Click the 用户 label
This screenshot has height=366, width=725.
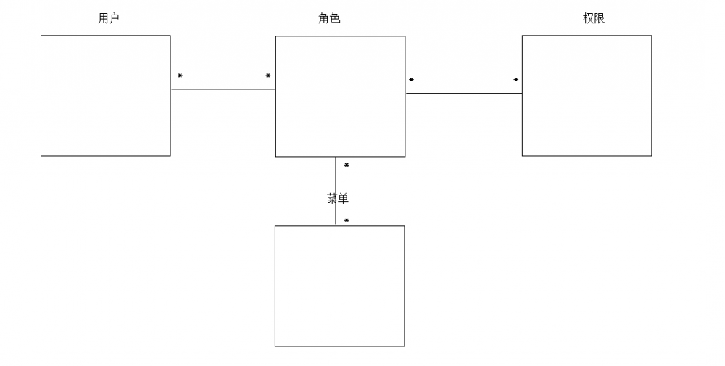(x=109, y=18)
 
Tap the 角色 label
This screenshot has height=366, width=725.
(x=329, y=18)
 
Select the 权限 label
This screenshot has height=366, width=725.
(x=594, y=18)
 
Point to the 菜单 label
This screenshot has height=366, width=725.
(x=338, y=198)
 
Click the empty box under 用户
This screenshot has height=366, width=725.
(x=106, y=95)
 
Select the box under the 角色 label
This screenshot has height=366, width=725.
(x=340, y=96)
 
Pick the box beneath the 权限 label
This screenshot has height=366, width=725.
(x=587, y=95)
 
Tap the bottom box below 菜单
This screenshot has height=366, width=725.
(x=339, y=285)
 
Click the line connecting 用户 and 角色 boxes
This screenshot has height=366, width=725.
(x=223, y=89)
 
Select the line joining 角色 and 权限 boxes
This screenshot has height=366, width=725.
(x=463, y=93)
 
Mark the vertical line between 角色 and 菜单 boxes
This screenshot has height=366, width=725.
(x=336, y=178)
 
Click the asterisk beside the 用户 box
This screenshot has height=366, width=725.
(x=180, y=76)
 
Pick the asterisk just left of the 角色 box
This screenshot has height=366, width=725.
(x=268, y=76)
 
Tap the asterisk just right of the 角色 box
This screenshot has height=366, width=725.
(x=411, y=81)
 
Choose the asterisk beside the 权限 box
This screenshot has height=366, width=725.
(x=516, y=81)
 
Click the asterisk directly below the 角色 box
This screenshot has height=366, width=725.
(x=347, y=166)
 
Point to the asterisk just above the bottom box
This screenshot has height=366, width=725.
(x=347, y=221)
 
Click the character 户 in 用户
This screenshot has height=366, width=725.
(x=115, y=18)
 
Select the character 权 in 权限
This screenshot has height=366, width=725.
(x=588, y=18)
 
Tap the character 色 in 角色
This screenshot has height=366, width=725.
(x=335, y=18)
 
